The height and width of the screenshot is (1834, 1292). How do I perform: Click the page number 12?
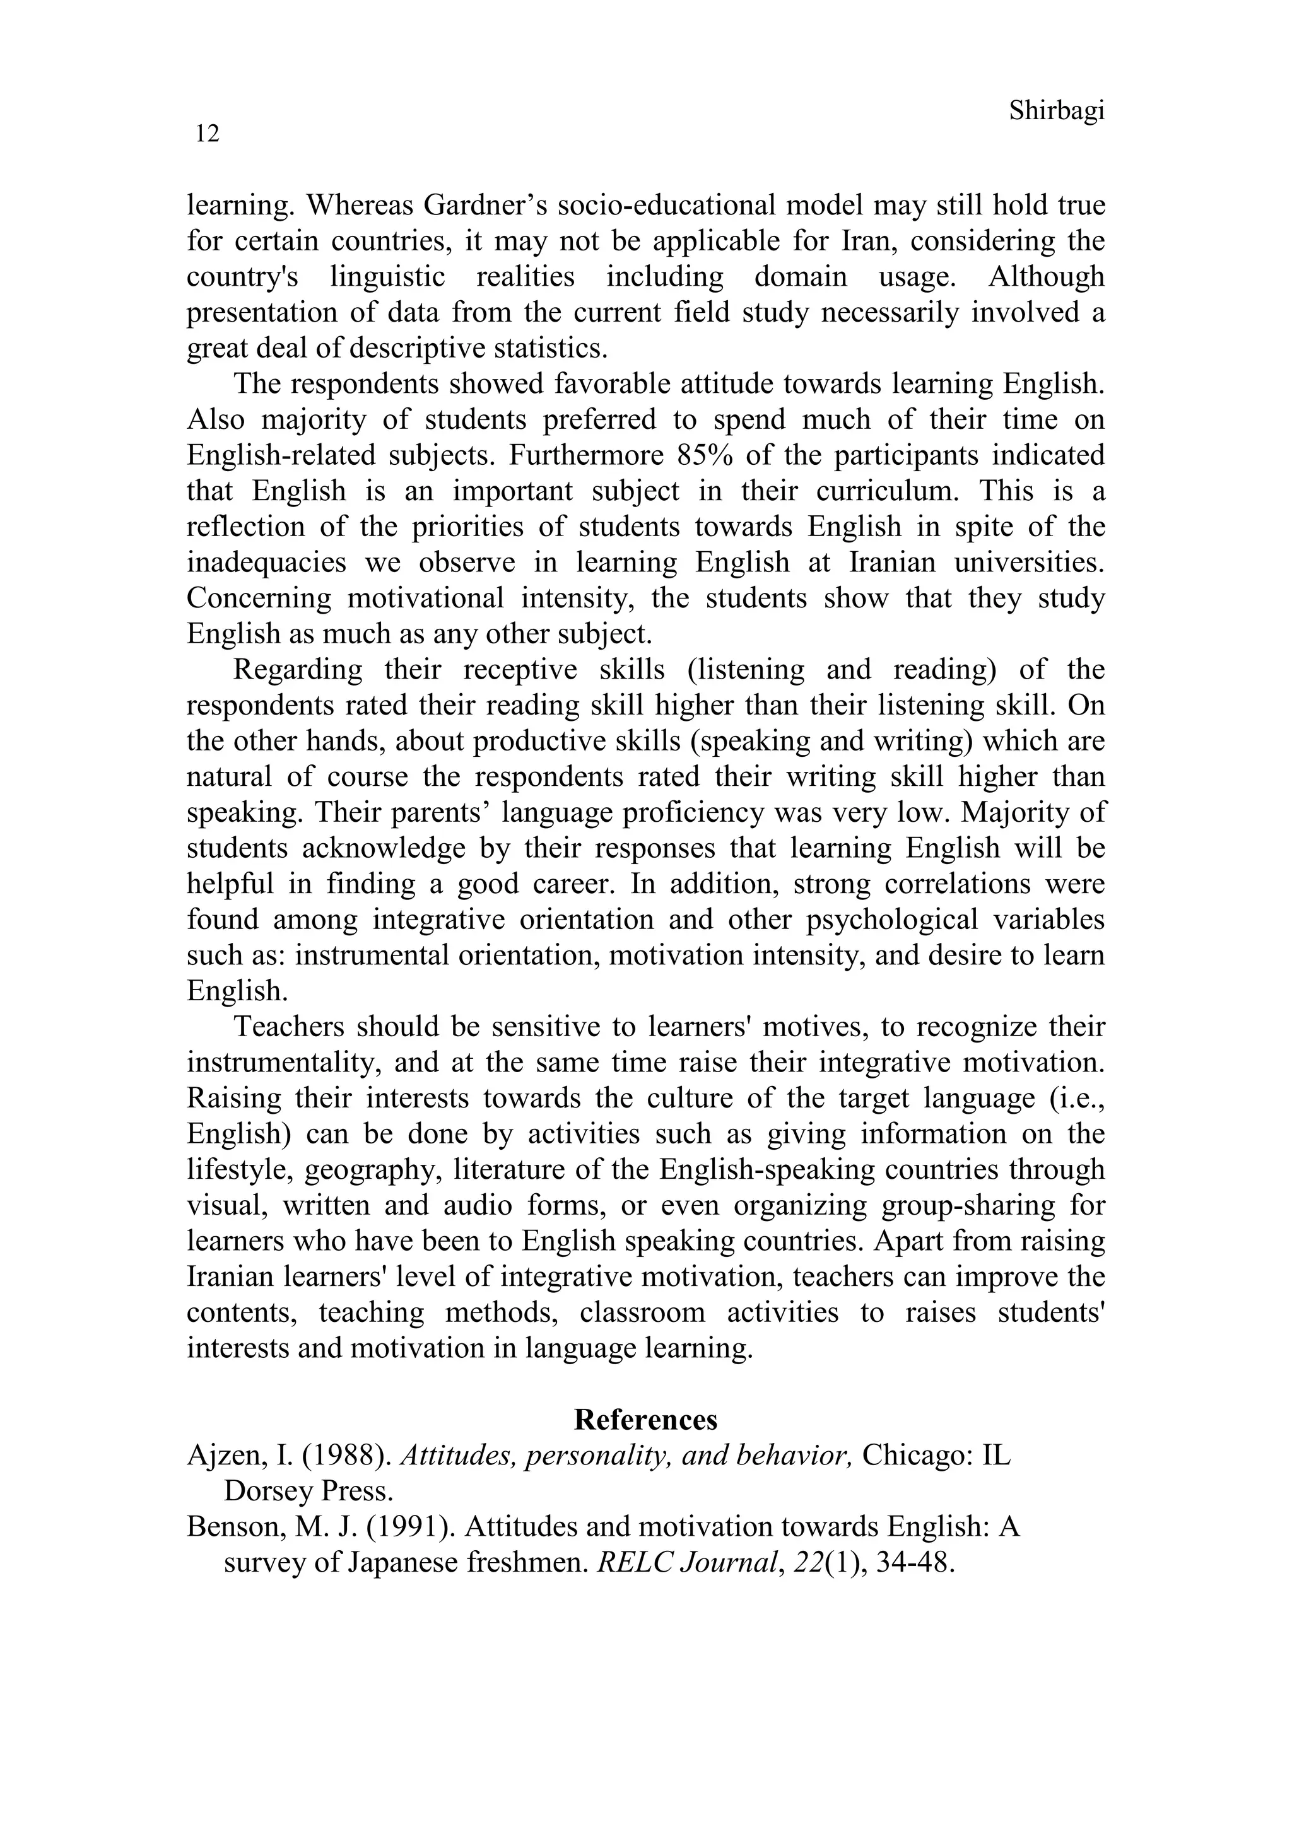(x=207, y=134)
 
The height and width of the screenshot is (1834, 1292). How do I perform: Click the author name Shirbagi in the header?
(x=1056, y=111)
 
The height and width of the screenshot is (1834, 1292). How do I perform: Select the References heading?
(x=645, y=1420)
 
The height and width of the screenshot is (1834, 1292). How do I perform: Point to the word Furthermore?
(x=585, y=455)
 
